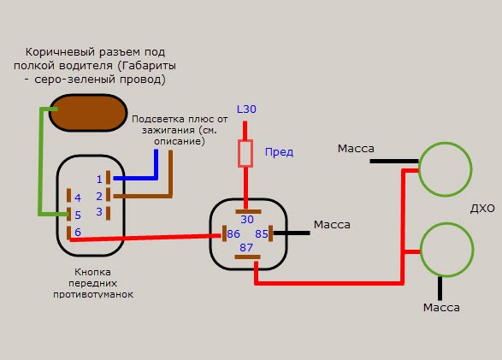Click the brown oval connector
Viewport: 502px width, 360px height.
88,113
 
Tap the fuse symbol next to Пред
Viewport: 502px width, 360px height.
245,153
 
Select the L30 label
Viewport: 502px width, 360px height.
246,109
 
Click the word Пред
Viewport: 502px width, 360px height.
279,152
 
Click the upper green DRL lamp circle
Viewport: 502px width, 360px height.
419,169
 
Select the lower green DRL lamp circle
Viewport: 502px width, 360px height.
420,250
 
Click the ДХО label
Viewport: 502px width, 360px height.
482,209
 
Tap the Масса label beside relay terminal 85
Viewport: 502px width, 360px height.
332,225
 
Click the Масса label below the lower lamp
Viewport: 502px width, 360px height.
441,308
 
